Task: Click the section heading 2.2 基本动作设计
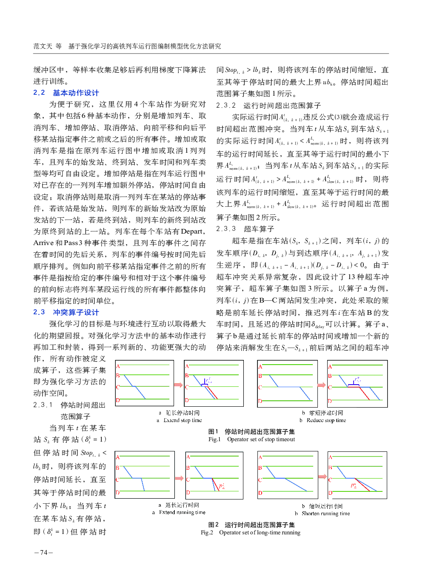point(66,93)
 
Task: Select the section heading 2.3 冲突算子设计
point(66,312)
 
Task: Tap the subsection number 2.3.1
point(43,405)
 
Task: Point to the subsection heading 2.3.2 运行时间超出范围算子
point(268,105)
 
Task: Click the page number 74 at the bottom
point(43,553)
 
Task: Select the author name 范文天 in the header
point(43,46)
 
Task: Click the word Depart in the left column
point(191,231)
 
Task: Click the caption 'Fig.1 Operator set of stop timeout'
point(251,439)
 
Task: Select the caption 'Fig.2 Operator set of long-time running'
point(251,533)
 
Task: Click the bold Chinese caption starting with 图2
point(251,525)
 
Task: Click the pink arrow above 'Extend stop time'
point(179,385)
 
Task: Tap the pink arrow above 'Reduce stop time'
point(322,385)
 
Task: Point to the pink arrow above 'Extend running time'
point(180,478)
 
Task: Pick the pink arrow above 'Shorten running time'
point(323,477)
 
